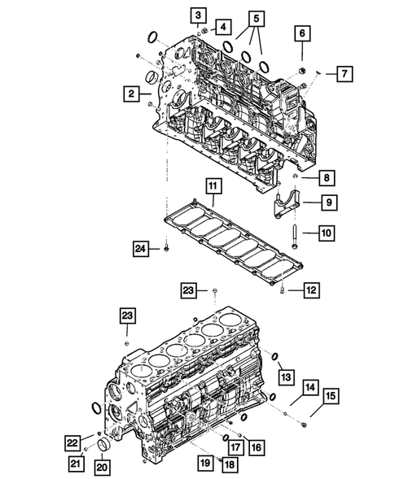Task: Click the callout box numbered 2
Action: (x=130, y=94)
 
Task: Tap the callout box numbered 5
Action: (x=257, y=17)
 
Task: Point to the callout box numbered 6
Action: (x=303, y=33)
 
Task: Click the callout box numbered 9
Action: (x=325, y=202)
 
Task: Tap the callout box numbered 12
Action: (x=310, y=289)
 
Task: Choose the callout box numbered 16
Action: (x=256, y=446)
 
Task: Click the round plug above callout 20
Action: (x=103, y=447)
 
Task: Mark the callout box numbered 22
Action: (x=73, y=442)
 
